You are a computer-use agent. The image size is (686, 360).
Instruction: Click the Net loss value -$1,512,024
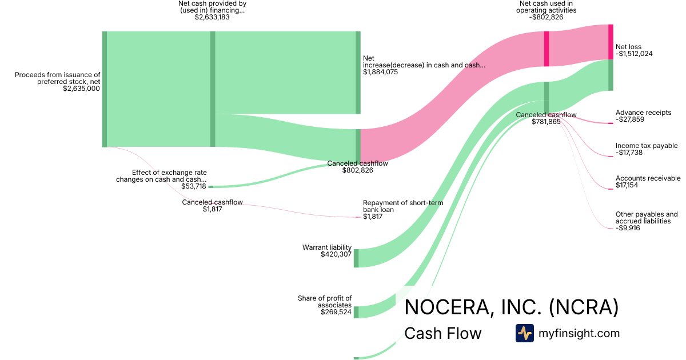pos(634,54)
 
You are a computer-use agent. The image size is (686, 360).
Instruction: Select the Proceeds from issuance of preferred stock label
pos(57,78)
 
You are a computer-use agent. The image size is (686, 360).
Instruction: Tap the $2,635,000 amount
pos(82,89)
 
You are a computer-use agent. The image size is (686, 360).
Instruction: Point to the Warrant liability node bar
pos(356,258)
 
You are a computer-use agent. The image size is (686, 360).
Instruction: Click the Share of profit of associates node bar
pos(356,312)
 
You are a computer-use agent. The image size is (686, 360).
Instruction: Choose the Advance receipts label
pos(643,113)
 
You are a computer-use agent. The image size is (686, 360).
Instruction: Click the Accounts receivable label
pos(648,178)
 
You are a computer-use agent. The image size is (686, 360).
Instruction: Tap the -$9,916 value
pos(628,228)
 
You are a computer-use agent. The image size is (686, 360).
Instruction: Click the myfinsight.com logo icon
pos(524,333)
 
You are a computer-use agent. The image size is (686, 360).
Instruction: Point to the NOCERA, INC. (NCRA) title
pos(511,307)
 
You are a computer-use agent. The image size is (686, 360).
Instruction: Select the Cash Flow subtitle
pos(442,333)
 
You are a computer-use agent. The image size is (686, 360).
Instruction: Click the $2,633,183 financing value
pos(212,17)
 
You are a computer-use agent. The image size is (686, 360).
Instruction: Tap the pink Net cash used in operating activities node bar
pos(547,49)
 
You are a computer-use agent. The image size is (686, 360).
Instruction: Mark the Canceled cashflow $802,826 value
pos(357,170)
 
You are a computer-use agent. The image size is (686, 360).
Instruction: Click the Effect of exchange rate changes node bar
pos(210,186)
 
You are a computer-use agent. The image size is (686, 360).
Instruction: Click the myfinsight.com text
pos(579,333)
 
